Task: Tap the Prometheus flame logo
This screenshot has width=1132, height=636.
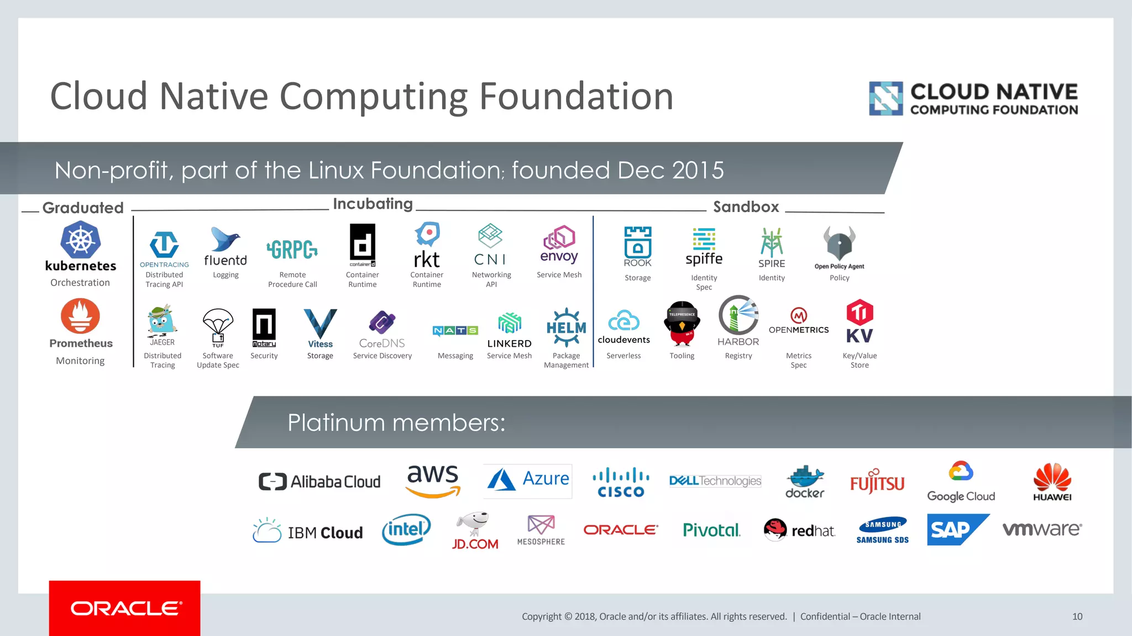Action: (x=81, y=316)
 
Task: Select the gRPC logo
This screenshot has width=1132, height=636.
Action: (x=292, y=250)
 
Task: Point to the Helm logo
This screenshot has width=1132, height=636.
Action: (x=566, y=327)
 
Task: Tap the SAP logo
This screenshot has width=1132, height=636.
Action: (x=957, y=529)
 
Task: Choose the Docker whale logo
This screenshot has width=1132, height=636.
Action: (x=805, y=481)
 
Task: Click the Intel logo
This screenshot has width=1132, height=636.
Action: (x=406, y=529)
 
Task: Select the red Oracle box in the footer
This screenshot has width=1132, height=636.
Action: (x=125, y=608)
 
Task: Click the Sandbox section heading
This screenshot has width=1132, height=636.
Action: (x=746, y=207)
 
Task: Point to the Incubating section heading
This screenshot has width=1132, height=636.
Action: (x=373, y=204)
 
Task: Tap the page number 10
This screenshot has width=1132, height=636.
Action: (x=1077, y=617)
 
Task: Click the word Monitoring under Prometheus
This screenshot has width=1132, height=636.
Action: (x=80, y=361)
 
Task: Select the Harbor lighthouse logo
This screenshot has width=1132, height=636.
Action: (x=738, y=315)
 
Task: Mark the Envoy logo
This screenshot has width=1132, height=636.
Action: (x=559, y=244)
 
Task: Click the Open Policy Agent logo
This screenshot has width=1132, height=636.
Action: (x=839, y=243)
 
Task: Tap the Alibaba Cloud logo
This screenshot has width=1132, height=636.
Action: (x=319, y=481)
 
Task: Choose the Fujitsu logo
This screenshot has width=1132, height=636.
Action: (x=877, y=481)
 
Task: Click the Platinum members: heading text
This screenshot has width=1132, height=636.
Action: (x=396, y=423)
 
